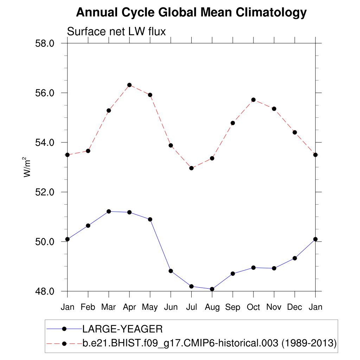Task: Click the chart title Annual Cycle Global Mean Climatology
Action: pyautogui.click(x=191, y=13)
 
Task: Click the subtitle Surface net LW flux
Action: pyautogui.click(x=116, y=32)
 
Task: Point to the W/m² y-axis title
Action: pyautogui.click(x=27, y=167)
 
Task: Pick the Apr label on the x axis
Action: pyautogui.click(x=129, y=307)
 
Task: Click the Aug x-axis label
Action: pyautogui.click(x=212, y=307)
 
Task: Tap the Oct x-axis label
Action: pyautogui.click(x=253, y=307)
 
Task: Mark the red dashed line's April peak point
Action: pyautogui.click(x=129, y=85)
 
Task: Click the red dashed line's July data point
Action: pyautogui.click(x=191, y=168)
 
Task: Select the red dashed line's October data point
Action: pyautogui.click(x=253, y=100)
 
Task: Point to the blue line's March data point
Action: pyautogui.click(x=109, y=211)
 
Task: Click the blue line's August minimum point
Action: pyautogui.click(x=212, y=289)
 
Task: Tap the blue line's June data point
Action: pyautogui.click(x=171, y=271)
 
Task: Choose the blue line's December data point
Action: pyautogui.click(x=295, y=258)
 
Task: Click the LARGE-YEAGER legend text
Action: pyautogui.click(x=122, y=329)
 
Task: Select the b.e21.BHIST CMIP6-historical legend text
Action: pyautogui.click(x=210, y=343)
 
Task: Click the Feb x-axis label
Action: pyautogui.click(x=88, y=307)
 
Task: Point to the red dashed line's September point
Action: pyautogui.click(x=233, y=123)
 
